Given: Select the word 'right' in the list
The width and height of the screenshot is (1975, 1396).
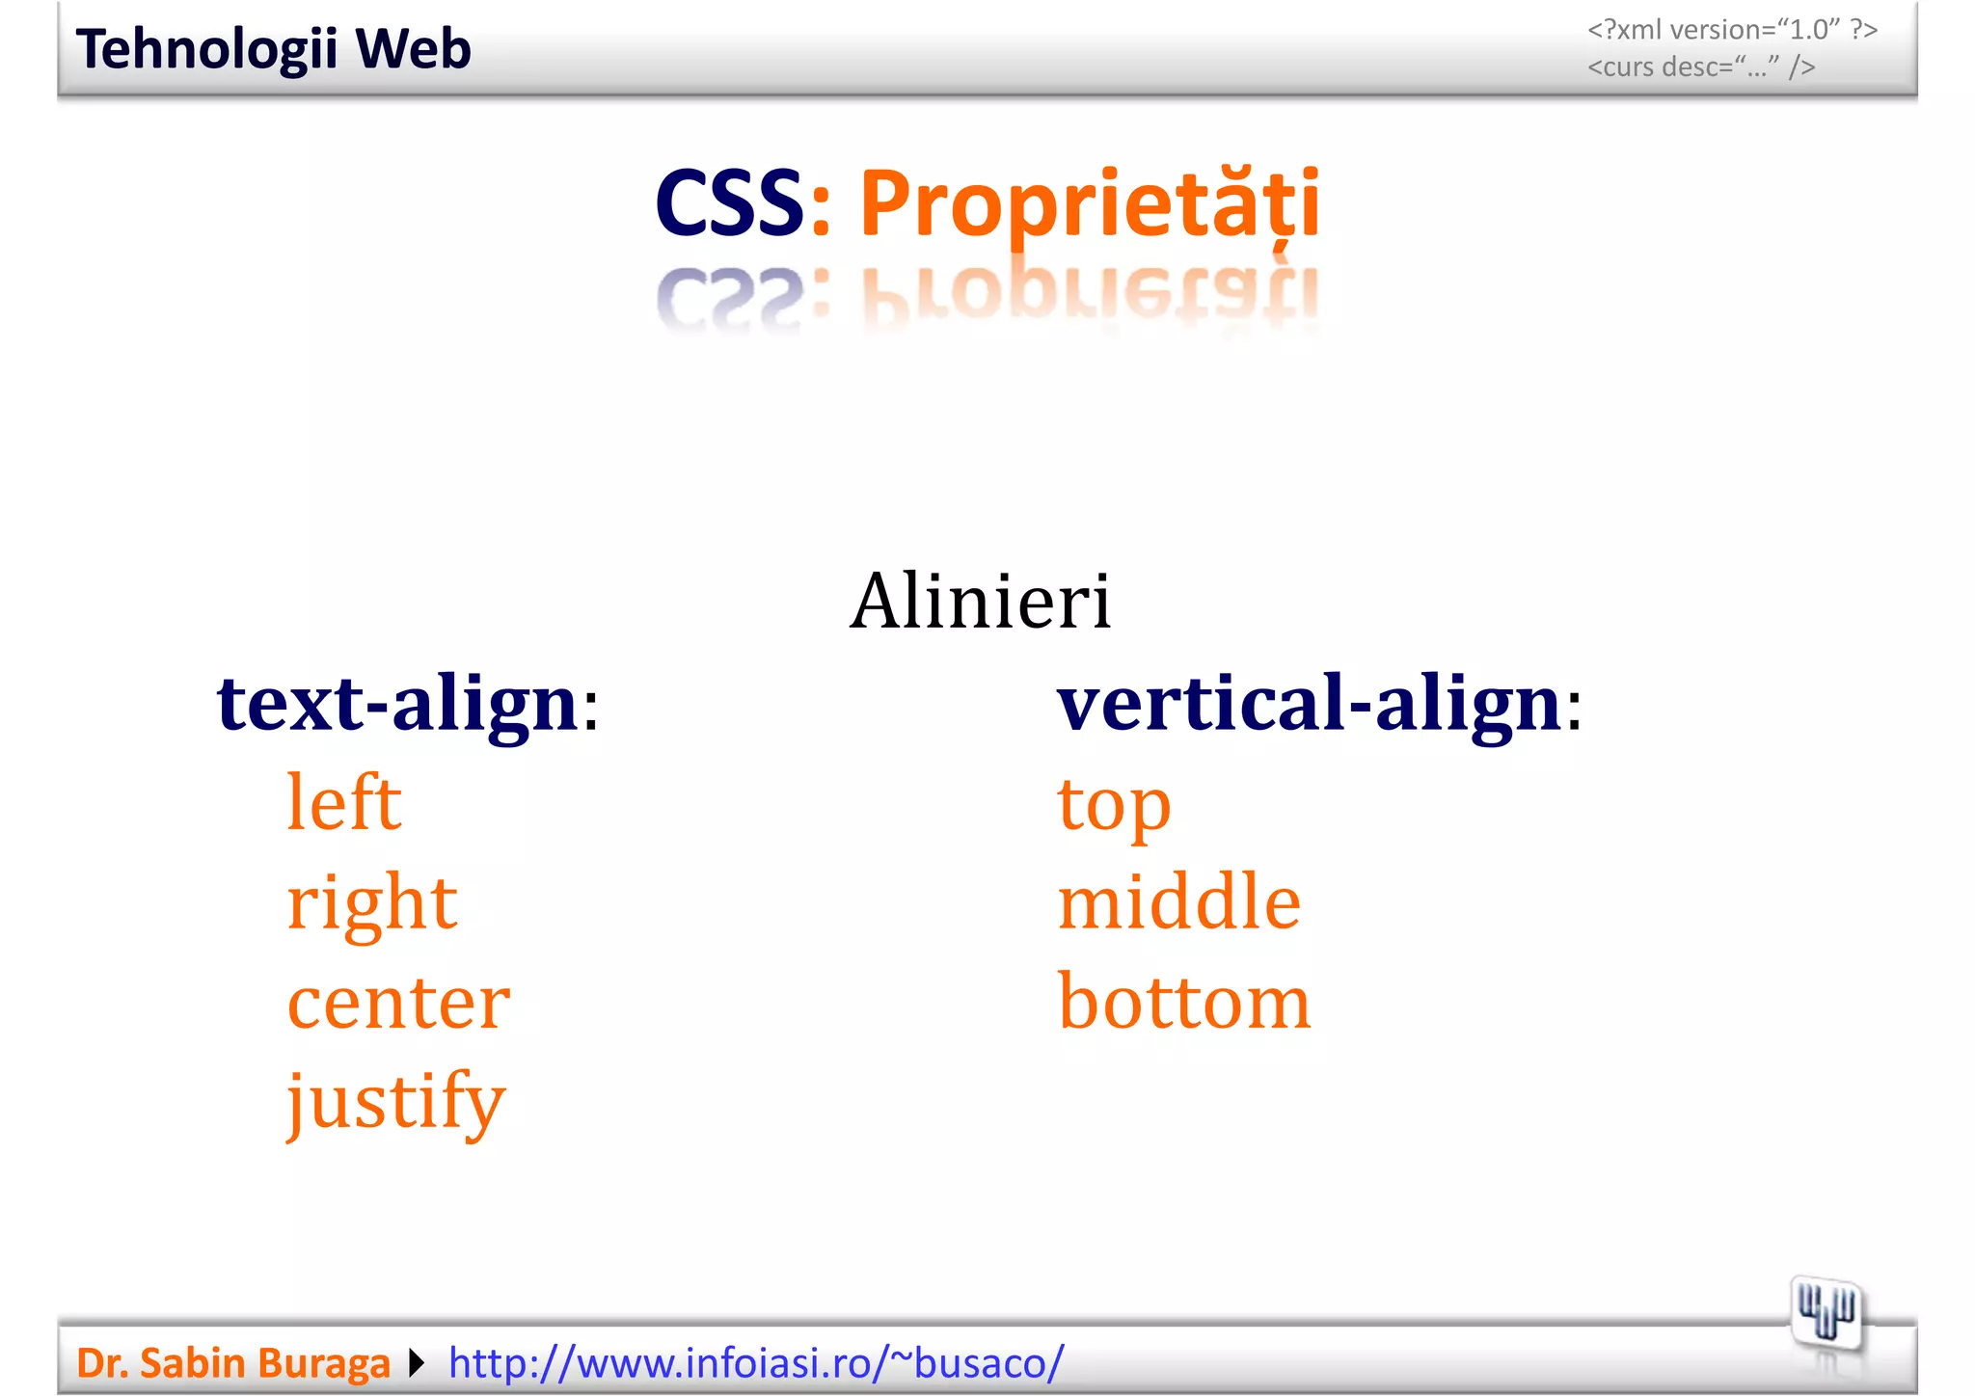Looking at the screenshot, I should [371, 903].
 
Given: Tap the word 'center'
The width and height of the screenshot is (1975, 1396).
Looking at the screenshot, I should [398, 1003].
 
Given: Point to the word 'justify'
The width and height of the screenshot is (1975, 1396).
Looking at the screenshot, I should [395, 1101].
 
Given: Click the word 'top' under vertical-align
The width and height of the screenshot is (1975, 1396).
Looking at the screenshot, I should [1114, 805].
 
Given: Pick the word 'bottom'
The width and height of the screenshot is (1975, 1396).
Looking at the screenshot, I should [1184, 1003].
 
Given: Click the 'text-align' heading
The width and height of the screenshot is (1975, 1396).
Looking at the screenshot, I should [397, 704].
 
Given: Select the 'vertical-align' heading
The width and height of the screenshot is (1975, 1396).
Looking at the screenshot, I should [1309, 704].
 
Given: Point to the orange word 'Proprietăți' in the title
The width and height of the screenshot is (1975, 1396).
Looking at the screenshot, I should [1090, 204].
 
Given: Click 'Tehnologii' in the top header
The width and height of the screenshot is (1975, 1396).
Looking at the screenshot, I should [206, 49].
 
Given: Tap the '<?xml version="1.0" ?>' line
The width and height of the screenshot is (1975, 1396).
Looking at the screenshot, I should [1732, 30].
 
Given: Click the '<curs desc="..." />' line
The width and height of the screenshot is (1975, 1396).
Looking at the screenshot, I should [1701, 67].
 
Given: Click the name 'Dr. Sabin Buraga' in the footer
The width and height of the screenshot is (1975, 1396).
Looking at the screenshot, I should [232, 1363].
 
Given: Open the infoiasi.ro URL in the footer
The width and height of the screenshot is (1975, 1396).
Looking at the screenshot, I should [756, 1363].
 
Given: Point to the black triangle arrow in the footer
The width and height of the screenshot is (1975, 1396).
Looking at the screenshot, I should [417, 1363].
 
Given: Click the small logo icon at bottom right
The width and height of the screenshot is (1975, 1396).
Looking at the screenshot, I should [1826, 1314].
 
